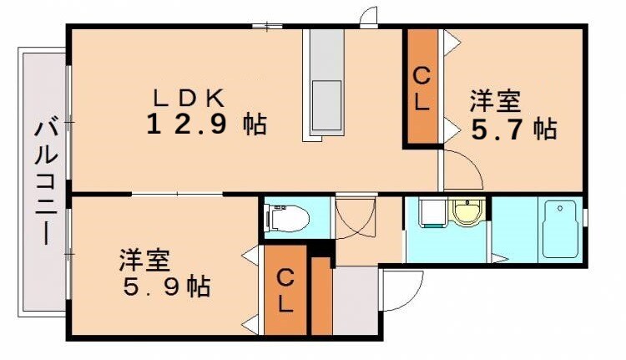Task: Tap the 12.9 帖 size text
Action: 207,124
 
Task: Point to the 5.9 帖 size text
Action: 164,287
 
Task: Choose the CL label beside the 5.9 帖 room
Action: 285,289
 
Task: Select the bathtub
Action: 560,229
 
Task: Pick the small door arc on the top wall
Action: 368,18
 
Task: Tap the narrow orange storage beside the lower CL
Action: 321,297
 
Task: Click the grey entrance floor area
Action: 354,301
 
